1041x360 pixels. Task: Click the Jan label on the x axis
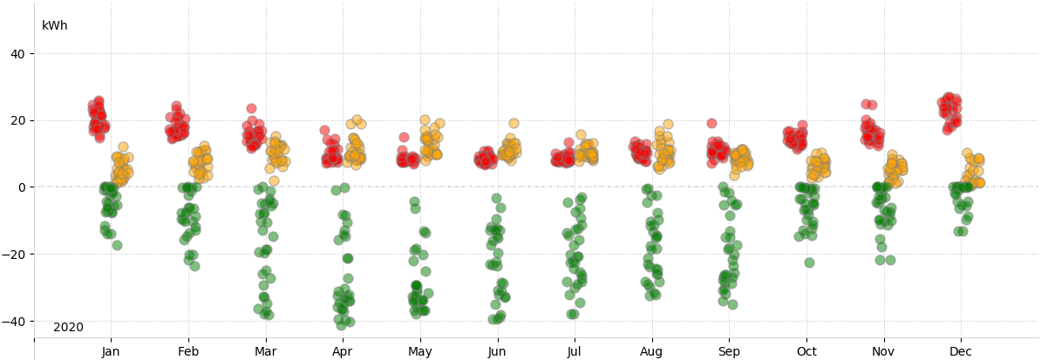click(x=111, y=352)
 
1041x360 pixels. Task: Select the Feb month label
click(x=187, y=352)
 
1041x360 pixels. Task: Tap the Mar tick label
click(x=265, y=352)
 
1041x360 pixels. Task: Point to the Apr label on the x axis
click(x=343, y=352)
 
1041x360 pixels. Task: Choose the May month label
click(x=419, y=352)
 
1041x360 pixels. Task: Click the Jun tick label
click(x=497, y=352)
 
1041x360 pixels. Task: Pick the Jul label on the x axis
click(x=575, y=352)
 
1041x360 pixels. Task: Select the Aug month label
click(x=651, y=352)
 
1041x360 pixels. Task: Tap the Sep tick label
click(x=729, y=352)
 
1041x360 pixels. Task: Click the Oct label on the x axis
click(x=806, y=352)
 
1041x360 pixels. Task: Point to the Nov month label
click(x=883, y=352)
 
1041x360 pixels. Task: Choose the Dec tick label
click(x=961, y=352)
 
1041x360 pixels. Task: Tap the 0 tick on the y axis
click(x=22, y=187)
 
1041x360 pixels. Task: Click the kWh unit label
click(x=54, y=26)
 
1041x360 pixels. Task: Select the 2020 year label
click(x=68, y=328)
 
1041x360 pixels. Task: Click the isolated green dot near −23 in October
click(x=809, y=262)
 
